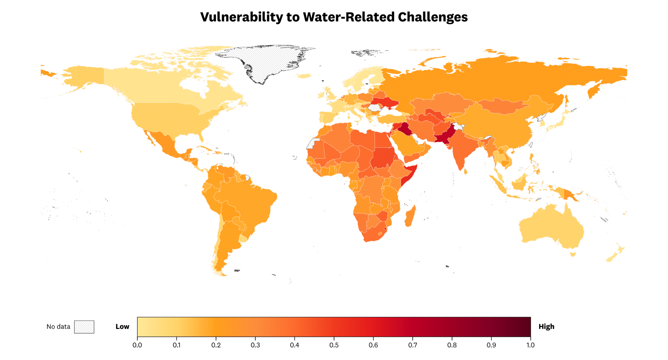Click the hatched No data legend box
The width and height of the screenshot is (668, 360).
tap(84, 327)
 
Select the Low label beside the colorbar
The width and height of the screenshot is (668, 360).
tap(122, 327)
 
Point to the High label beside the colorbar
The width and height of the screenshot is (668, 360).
tap(546, 327)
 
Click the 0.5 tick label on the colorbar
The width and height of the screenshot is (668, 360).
tap(334, 345)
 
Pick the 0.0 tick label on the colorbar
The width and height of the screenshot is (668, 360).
tap(137, 345)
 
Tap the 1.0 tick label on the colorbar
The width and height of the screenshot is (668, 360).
tap(531, 345)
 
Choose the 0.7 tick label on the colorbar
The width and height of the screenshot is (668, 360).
tap(413, 345)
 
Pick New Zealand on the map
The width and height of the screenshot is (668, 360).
tap(615, 255)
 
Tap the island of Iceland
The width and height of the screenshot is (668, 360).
tap(305, 76)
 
